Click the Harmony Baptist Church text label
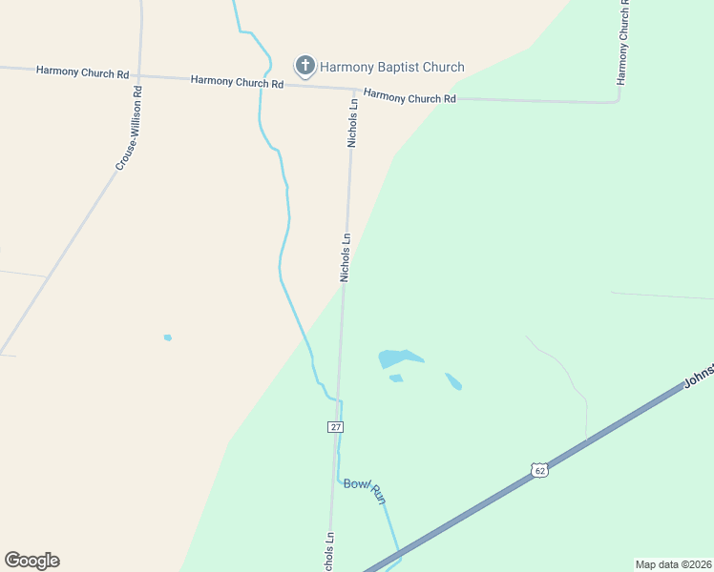pyautogui.click(x=391, y=67)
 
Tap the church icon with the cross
pyautogui.click(x=304, y=66)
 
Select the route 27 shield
pyautogui.click(x=335, y=427)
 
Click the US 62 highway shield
pyautogui.click(x=539, y=471)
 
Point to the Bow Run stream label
pyautogui.click(x=365, y=490)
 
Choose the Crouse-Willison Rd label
pyautogui.click(x=130, y=129)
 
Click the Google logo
pyautogui.click(x=31, y=561)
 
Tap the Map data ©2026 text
pyautogui.click(x=674, y=563)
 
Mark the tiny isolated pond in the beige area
pyautogui.click(x=168, y=337)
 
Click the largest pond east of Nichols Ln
pyautogui.click(x=395, y=358)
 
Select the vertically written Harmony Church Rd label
pyautogui.click(x=623, y=42)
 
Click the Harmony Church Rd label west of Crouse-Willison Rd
pyautogui.click(x=82, y=71)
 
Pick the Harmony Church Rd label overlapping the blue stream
pyautogui.click(x=237, y=81)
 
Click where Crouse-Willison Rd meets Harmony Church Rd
pyautogui.click(x=139, y=74)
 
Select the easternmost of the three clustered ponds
pyautogui.click(x=453, y=381)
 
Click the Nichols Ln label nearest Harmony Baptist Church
pyautogui.click(x=353, y=122)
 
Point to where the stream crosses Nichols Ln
pyautogui.click(x=339, y=400)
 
